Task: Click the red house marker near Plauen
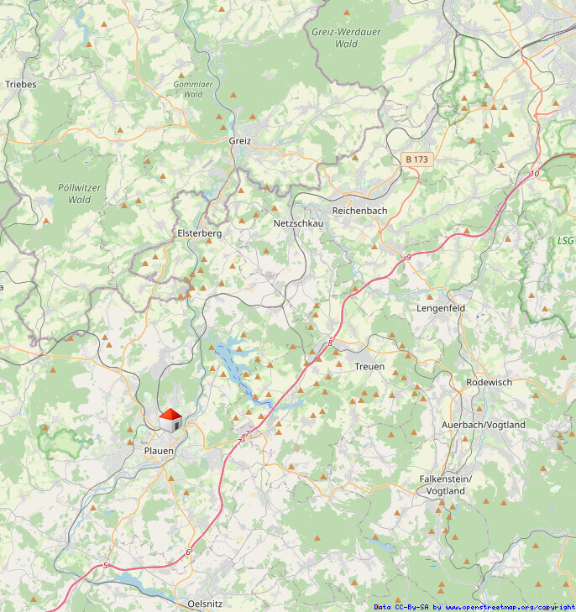tap(171, 420)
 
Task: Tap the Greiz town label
tap(240, 141)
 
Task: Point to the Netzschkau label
tap(298, 223)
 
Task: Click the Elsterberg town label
tap(199, 233)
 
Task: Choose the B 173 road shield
tap(416, 159)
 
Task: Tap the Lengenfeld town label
tap(441, 308)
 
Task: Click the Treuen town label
tap(369, 367)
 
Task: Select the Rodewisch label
tap(489, 382)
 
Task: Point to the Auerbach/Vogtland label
tap(484, 425)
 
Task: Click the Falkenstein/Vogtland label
tap(446, 484)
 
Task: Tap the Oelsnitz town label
tap(206, 604)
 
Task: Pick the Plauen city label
tap(159, 452)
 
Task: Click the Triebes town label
tap(20, 84)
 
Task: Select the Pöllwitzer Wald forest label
tap(80, 194)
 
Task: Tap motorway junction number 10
tap(535, 174)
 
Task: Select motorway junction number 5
tap(106, 566)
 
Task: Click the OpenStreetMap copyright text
tap(474, 606)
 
